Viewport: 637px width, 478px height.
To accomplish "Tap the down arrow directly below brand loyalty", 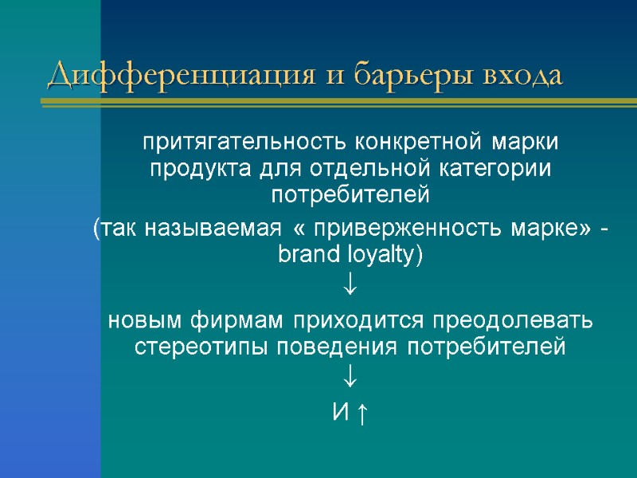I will (x=350, y=283).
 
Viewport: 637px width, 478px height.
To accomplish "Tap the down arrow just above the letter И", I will (x=350, y=374).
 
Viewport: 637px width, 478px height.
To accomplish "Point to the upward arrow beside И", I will (x=361, y=413).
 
